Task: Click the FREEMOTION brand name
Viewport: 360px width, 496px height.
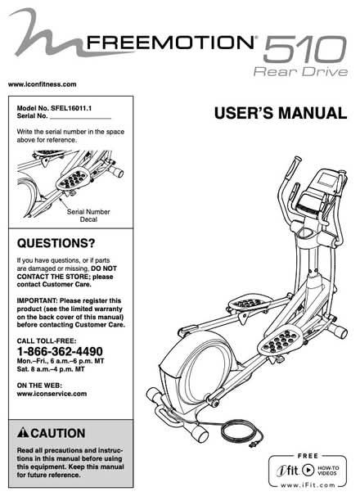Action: point(170,43)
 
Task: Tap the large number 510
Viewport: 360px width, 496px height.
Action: point(305,49)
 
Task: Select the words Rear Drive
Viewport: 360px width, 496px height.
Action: point(300,71)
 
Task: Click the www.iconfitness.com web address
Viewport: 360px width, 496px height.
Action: point(42,84)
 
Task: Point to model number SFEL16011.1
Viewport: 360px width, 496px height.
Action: point(71,108)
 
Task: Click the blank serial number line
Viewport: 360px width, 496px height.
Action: point(81,119)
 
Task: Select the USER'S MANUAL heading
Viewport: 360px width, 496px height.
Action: point(281,113)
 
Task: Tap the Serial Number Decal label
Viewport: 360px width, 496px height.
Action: point(88,215)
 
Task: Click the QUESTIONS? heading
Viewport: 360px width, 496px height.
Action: point(56,243)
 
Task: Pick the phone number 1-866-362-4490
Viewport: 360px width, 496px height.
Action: point(60,351)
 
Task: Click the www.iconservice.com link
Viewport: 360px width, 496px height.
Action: point(52,394)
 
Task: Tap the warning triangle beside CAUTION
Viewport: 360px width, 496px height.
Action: point(23,433)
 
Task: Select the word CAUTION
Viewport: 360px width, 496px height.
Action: point(58,433)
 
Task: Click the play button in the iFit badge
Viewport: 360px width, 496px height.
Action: point(308,470)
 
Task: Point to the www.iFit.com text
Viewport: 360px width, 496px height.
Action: point(308,485)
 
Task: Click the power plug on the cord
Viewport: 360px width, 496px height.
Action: point(253,444)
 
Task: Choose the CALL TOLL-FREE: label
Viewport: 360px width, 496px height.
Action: point(47,341)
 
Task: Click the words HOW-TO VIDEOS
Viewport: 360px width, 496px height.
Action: point(328,471)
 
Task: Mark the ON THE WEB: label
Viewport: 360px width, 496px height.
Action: point(39,386)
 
